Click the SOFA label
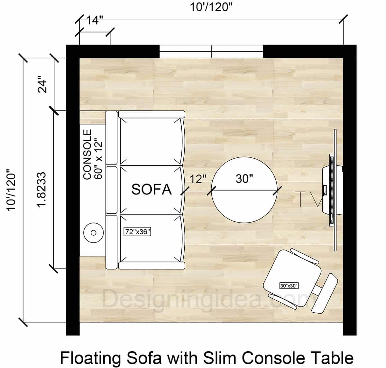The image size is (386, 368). (x=151, y=189)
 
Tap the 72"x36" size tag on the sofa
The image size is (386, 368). (x=137, y=231)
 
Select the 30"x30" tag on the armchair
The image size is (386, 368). (x=289, y=286)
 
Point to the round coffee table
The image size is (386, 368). (x=244, y=206)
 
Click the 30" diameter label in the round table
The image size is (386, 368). (x=244, y=178)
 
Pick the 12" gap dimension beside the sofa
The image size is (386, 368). (x=198, y=179)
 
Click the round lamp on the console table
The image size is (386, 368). (x=94, y=232)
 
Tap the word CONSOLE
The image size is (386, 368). (x=87, y=155)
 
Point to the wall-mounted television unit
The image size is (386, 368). (x=331, y=190)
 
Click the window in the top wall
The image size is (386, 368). (x=211, y=52)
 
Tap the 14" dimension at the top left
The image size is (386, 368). (x=95, y=21)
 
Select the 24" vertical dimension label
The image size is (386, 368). (x=42, y=84)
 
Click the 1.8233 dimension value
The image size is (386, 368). (x=42, y=190)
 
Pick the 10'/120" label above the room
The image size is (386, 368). (x=211, y=7)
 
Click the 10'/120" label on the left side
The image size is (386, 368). (x=12, y=190)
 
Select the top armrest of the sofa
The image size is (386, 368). (x=152, y=114)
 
